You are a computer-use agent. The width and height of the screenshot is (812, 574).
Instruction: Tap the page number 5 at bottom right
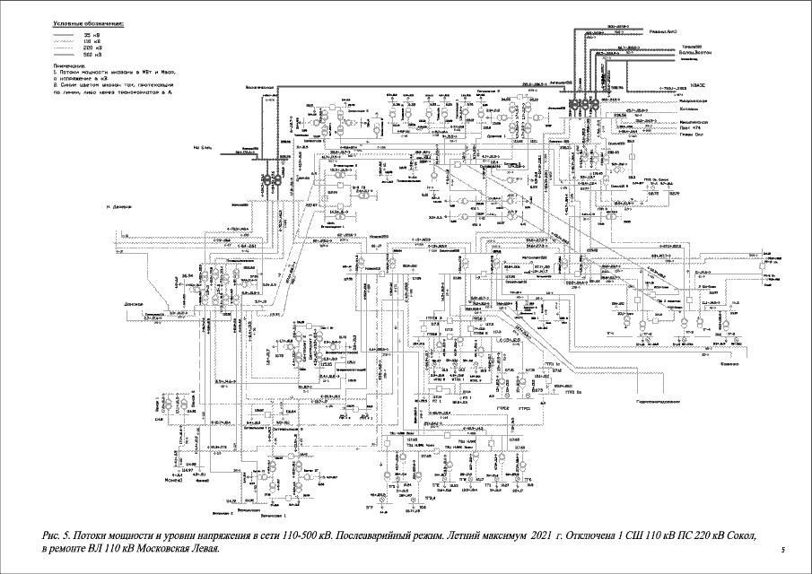tap(783, 549)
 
